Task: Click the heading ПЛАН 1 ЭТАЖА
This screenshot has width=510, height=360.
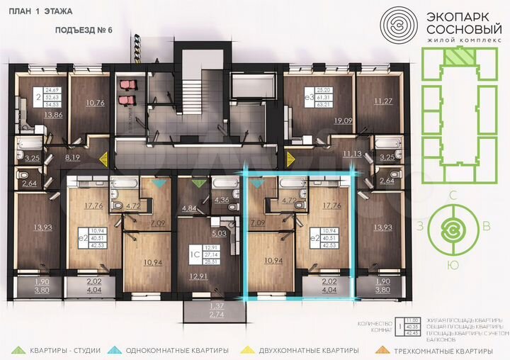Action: pos(36,12)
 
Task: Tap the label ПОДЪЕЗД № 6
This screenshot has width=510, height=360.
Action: pos(84,31)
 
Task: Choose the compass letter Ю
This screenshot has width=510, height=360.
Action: pos(453,264)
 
